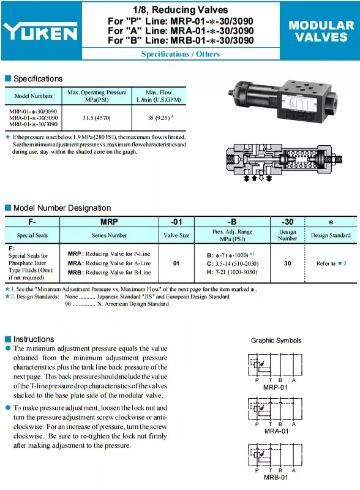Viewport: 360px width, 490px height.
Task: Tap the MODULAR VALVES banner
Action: [321, 31]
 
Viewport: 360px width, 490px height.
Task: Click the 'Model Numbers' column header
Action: [34, 96]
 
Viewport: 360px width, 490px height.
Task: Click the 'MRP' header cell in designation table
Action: [109, 221]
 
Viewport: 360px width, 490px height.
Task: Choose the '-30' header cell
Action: [287, 221]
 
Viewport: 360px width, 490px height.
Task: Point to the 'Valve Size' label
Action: [176, 235]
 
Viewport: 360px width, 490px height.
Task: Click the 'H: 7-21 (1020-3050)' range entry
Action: [232, 272]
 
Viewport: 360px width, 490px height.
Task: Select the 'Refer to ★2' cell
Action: [331, 263]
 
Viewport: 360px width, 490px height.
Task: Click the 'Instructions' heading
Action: [34, 339]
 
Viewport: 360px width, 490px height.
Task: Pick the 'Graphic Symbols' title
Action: [276, 341]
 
